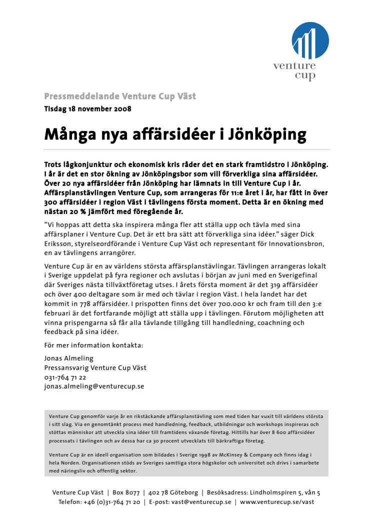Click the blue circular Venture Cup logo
point(310,41)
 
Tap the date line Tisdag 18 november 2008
point(87,108)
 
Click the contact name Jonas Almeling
point(69,358)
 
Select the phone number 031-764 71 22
point(65,377)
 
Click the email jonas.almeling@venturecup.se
point(94,386)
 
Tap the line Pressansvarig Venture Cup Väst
point(95,368)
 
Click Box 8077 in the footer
point(126,493)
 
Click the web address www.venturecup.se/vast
point(277,502)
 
